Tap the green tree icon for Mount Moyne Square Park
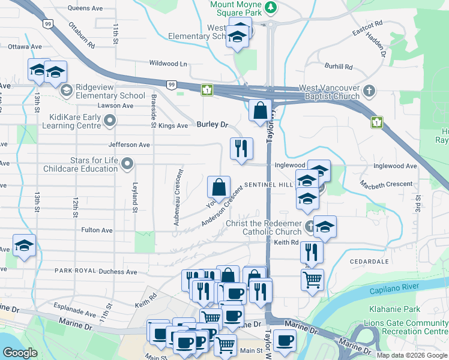(271, 7)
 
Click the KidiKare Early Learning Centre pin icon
(110, 122)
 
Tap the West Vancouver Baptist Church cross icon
(369, 91)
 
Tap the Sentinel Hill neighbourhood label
(268, 185)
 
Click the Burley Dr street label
(213, 125)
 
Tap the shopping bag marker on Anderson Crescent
(219, 187)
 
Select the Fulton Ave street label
(97, 230)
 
